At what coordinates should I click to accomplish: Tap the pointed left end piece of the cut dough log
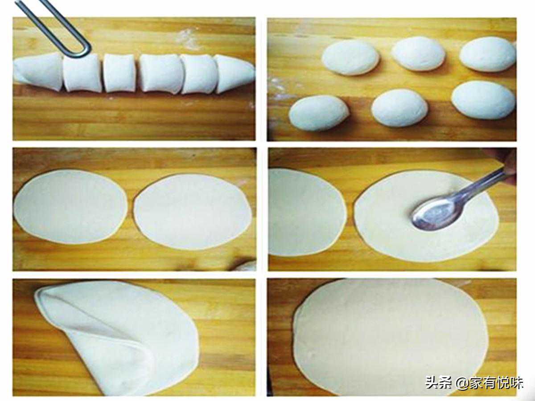[39, 71]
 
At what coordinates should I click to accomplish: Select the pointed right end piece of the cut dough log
[235, 74]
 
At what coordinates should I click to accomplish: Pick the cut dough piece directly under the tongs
[82, 73]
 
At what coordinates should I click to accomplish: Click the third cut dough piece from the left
[119, 73]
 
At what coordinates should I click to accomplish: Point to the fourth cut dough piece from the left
[161, 74]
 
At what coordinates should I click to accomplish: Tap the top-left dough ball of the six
[350, 57]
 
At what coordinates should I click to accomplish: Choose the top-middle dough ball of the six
[419, 54]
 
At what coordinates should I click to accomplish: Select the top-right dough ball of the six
[487, 54]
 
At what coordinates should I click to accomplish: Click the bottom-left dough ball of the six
[319, 113]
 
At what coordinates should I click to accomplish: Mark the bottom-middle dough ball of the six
[399, 108]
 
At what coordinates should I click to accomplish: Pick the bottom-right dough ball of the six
[483, 100]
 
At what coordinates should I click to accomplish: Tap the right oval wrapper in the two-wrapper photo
[193, 212]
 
